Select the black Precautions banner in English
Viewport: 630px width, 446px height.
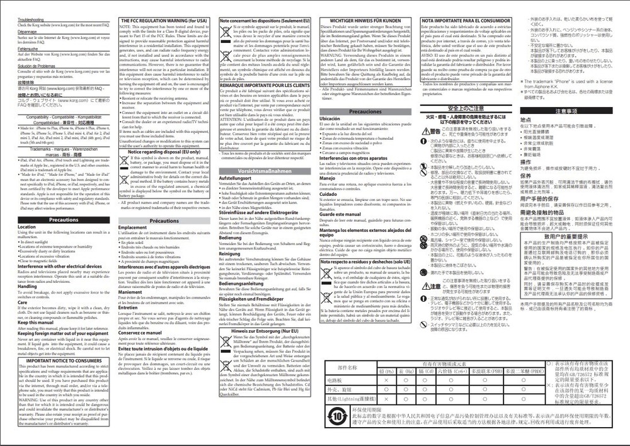click(x=64, y=220)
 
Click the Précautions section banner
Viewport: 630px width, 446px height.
click(x=164, y=220)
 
